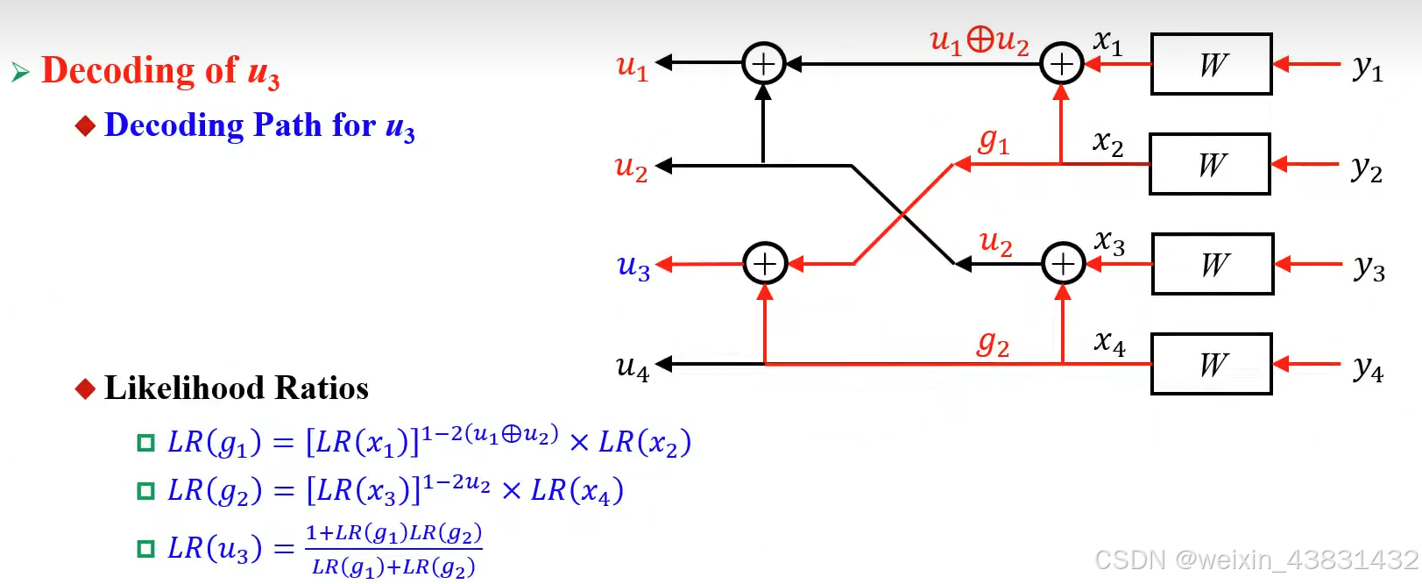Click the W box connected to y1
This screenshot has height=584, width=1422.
click(1211, 64)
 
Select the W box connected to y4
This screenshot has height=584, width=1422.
click(1211, 364)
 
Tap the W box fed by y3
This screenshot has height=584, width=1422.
click(1213, 264)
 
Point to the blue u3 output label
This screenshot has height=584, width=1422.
click(633, 266)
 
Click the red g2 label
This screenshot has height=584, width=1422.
click(994, 343)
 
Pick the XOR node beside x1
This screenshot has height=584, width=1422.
click(1061, 64)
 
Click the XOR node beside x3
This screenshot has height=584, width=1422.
click(1063, 264)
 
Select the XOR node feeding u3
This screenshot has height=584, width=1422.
click(765, 264)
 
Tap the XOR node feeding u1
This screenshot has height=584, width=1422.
click(763, 64)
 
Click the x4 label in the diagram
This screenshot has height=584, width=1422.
click(1109, 342)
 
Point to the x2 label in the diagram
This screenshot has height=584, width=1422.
click(1108, 142)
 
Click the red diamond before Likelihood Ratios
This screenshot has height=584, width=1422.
click(85, 388)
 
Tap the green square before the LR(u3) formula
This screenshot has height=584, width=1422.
click(145, 549)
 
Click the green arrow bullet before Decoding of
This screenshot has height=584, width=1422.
click(21, 72)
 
